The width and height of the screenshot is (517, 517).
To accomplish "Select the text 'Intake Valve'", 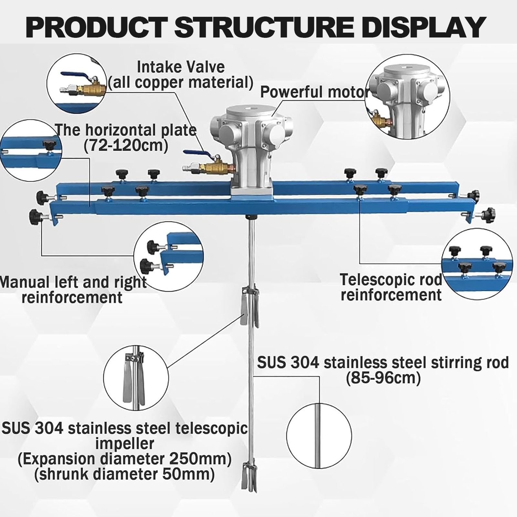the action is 181,67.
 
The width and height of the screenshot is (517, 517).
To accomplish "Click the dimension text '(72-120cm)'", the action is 126,146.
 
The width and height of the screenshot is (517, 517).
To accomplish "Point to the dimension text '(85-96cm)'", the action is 383,378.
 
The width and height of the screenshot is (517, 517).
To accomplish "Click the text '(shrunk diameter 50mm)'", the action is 124,474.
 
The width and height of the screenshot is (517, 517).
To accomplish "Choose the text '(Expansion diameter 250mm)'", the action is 124,459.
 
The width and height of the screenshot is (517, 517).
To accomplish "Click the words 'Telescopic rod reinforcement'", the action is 391,287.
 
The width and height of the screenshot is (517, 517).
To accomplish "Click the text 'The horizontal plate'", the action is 126,130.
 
